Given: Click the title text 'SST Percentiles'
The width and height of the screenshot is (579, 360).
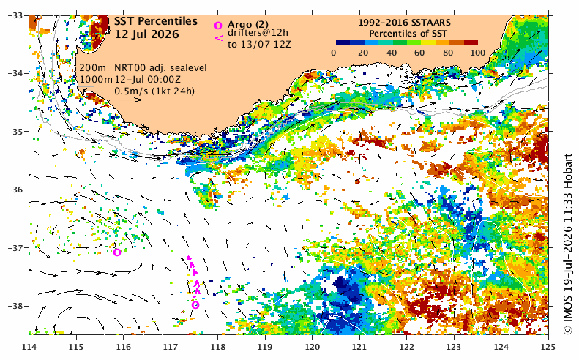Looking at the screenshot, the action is coord(155,21).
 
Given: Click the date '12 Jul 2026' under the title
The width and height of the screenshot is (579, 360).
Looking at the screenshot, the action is coord(146,34).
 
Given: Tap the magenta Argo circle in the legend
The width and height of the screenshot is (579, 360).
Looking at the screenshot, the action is coord(218,25).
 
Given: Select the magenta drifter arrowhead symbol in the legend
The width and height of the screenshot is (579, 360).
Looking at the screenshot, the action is coord(219,37).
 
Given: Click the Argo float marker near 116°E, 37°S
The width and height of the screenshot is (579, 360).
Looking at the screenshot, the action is coord(117,252).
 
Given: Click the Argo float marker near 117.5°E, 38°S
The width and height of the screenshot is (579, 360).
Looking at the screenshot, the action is coord(195,305).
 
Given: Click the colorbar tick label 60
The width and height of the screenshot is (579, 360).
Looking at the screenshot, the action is coord(419,53).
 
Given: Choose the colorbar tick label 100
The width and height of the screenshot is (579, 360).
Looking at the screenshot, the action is coord(478,53).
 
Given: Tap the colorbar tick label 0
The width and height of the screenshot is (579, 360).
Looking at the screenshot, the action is coord(334,53).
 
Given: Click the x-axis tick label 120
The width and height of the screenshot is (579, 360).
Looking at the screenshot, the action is coord(312,347).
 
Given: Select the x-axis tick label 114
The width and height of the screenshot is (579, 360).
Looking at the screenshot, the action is coord(29,347).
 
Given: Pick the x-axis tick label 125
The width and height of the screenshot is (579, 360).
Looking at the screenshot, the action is coord(548,347).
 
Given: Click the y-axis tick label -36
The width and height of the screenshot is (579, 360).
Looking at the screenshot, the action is coord(15,190).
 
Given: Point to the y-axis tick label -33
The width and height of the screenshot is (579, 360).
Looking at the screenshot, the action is coord(15,15).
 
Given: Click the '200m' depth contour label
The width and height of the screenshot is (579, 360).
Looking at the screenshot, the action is coord(93,68).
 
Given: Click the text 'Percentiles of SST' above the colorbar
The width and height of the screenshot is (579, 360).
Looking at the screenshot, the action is coord(408,34).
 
